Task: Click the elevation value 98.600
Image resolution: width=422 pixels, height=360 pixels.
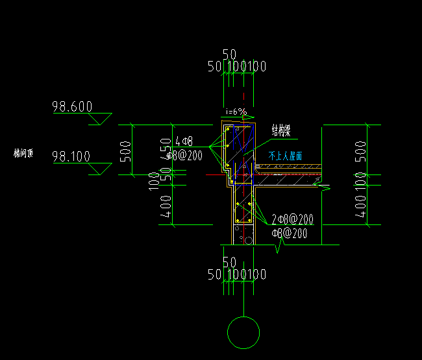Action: (72, 107)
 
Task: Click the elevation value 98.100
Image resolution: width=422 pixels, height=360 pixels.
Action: (72, 156)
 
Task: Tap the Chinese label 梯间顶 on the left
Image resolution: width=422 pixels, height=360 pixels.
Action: (23, 154)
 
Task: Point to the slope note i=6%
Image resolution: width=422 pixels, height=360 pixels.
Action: (236, 112)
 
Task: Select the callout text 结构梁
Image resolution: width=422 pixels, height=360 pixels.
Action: (280, 130)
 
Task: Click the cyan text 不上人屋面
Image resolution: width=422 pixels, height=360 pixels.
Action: (286, 156)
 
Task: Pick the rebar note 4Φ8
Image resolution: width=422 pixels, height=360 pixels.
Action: (184, 141)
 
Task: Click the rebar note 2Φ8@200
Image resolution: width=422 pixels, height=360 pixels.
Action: (292, 219)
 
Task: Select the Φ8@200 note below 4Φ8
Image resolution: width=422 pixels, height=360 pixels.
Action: (180, 155)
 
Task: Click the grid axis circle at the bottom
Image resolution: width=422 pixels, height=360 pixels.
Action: (243, 332)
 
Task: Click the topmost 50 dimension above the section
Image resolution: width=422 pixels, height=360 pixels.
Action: (229, 54)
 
